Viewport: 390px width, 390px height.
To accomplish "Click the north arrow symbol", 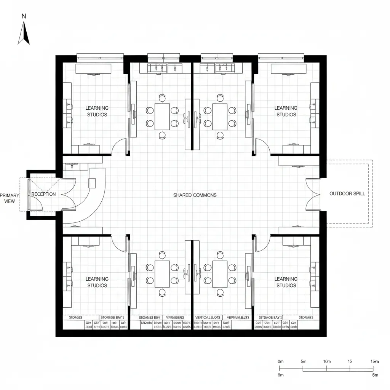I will [x=24, y=33].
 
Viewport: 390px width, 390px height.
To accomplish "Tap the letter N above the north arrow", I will [x=24, y=16].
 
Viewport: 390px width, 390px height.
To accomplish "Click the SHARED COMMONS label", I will [x=195, y=195].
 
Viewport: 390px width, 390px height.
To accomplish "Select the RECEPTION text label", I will [x=43, y=194].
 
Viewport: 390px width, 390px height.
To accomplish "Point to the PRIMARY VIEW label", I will [x=10, y=197].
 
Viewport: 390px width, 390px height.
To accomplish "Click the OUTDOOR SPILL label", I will [x=347, y=193].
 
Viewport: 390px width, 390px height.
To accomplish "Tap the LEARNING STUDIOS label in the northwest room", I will [x=97, y=111].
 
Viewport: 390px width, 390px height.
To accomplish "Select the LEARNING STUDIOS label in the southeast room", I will [x=286, y=282].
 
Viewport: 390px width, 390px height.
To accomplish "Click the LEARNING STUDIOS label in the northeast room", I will [x=286, y=111].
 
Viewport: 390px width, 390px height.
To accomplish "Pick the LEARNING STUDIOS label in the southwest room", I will [x=97, y=282].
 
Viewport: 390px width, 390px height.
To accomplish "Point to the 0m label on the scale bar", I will [x=281, y=361].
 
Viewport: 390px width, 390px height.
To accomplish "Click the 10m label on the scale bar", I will [x=326, y=361].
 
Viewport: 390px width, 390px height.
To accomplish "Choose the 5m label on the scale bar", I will [x=304, y=361].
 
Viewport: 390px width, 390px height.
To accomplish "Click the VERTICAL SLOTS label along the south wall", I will [x=208, y=317].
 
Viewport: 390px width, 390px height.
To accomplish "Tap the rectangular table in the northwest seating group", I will [x=162, y=117].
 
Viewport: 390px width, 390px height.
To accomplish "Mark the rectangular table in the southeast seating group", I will [x=220, y=274].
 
